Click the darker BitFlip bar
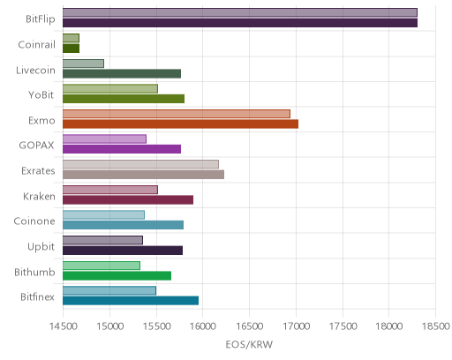point(240,23)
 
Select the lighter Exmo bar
point(177,114)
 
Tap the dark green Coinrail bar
point(71,49)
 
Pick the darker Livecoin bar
point(122,73)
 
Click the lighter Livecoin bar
point(83,64)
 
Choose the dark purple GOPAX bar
point(122,149)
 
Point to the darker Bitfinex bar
point(131,301)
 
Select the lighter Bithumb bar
point(102,266)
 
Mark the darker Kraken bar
point(128,200)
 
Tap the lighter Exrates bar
point(140,164)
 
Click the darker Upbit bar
point(123,251)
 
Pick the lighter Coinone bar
point(103,215)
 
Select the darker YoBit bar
point(124,99)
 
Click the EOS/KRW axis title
point(249,344)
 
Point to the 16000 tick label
point(203,326)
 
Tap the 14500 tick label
point(63,326)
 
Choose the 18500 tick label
point(435,326)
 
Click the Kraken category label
point(39,196)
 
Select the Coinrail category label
point(36,45)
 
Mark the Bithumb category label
point(34,272)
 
